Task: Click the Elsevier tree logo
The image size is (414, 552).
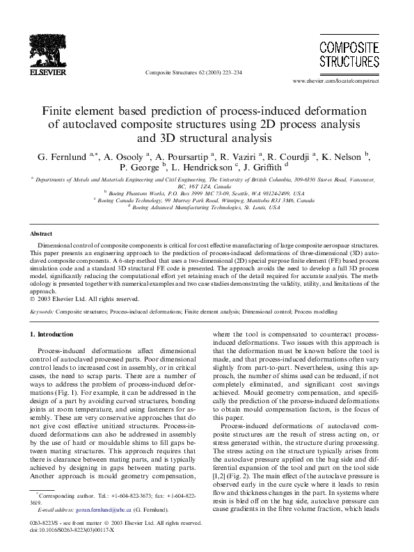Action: [x=33, y=48]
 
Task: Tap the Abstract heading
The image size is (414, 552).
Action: [x=45, y=234]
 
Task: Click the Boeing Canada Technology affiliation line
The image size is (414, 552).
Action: [x=206, y=200]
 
